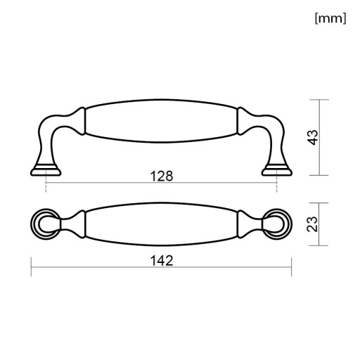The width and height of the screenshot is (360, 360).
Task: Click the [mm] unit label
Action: [330, 18]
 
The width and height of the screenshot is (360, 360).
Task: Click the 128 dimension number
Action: [162, 176]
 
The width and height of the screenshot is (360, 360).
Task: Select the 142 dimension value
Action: [162, 261]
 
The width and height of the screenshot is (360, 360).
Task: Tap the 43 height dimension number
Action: [314, 137]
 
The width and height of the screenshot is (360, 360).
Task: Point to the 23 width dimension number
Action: [312, 224]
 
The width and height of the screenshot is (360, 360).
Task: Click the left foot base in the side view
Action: [46, 170]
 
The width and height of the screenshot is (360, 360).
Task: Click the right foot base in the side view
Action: [277, 170]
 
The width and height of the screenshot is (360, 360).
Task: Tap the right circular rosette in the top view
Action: [277, 224]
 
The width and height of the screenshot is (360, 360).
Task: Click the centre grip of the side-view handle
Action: [161, 121]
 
